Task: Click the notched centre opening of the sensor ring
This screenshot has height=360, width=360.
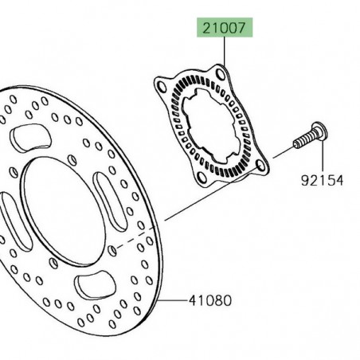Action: pyautogui.click(x=212, y=127)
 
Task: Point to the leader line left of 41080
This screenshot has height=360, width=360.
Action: pyautogui.click(x=175, y=301)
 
